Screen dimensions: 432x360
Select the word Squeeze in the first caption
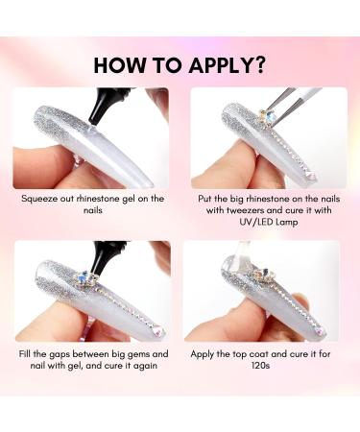44,199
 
